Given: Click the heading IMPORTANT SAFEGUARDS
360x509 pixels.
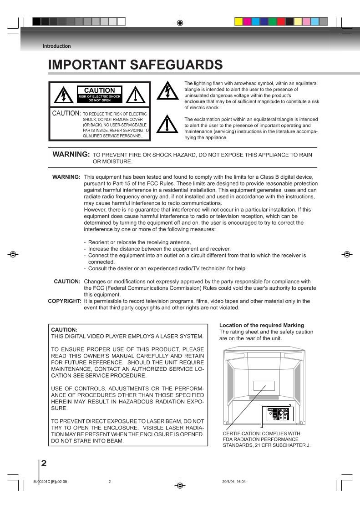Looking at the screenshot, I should (x=136, y=66).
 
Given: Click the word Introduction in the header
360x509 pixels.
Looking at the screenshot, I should (x=56, y=46).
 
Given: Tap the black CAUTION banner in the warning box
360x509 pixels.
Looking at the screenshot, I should (x=99, y=93).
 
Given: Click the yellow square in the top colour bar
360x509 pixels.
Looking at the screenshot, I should (x=238, y=21).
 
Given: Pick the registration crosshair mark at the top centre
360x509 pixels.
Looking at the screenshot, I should (x=180, y=21).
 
